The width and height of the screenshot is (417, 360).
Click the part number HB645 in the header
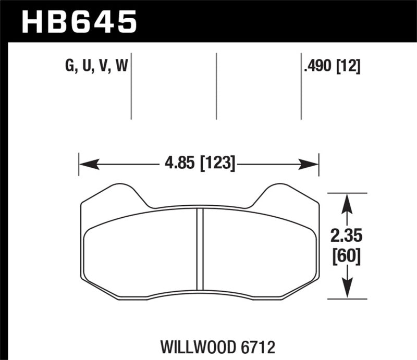tap(79, 21)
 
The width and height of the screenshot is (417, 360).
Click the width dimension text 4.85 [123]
tap(200, 165)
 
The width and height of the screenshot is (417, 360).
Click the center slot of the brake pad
tap(200, 249)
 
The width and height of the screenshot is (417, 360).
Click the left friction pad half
tap(141, 250)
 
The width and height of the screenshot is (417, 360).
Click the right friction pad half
tap(258, 250)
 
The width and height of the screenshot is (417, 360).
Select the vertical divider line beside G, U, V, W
tap(131, 86)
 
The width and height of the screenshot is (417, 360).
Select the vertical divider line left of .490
tap(301, 86)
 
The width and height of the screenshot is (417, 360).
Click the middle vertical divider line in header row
tap(216, 86)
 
